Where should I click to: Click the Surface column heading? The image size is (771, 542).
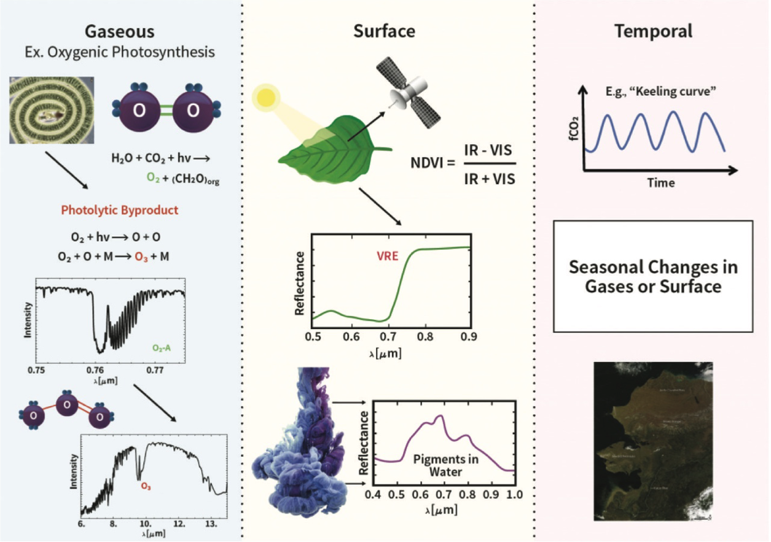point(384,31)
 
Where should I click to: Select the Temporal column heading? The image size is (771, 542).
point(654,31)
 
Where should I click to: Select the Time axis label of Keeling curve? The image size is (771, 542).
point(661,182)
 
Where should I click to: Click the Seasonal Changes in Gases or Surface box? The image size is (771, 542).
point(653,277)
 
